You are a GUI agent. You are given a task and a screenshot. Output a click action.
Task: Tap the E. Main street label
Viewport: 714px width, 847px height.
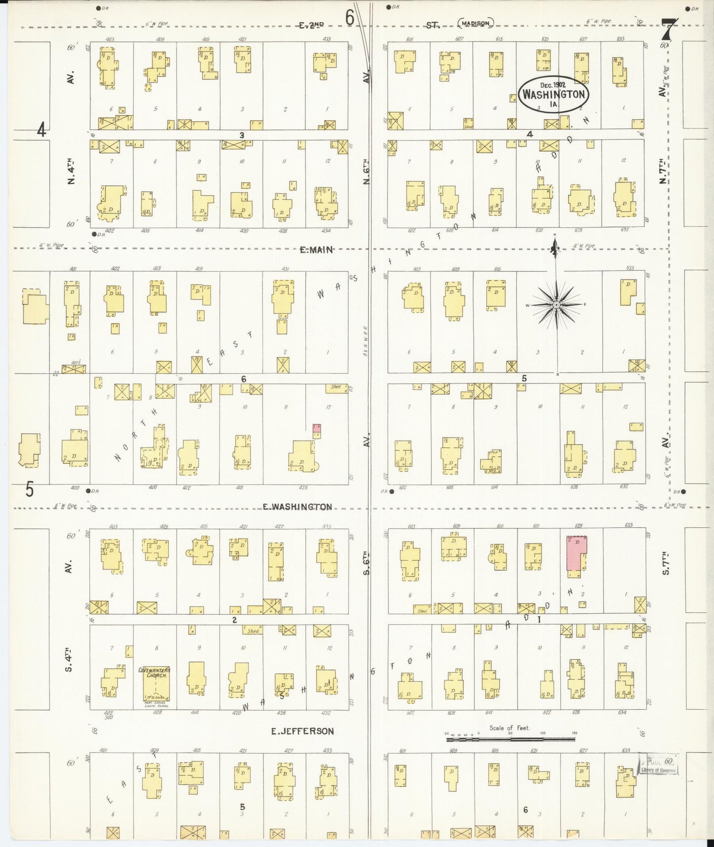(316, 250)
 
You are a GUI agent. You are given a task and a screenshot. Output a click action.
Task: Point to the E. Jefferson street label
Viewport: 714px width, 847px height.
(302, 731)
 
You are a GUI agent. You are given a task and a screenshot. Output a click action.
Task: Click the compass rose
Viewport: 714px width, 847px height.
(556, 305)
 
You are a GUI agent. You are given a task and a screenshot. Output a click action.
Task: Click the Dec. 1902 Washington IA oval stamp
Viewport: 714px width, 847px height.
(553, 94)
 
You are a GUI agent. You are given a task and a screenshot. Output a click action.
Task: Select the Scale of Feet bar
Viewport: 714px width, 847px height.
(510, 739)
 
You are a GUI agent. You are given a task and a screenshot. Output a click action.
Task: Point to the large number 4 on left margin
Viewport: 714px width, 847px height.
(42, 130)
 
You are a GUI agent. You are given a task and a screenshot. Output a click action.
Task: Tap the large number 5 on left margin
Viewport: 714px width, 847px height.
(30, 490)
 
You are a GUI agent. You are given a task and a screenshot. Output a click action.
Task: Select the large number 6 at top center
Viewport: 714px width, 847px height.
(350, 18)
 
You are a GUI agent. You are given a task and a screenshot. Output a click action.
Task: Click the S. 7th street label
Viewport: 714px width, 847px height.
(665, 563)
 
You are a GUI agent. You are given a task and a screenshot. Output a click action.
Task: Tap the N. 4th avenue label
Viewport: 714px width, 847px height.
(70, 171)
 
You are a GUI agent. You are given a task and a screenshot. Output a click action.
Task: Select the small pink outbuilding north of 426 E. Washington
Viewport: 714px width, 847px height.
(317, 427)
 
